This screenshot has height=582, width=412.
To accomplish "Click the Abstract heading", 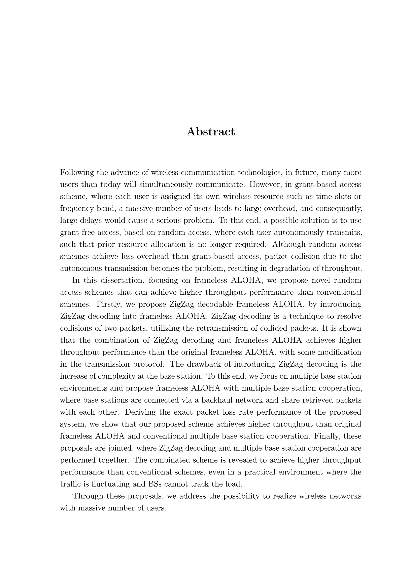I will (x=211, y=132).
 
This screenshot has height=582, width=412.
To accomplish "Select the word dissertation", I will (x=122, y=281).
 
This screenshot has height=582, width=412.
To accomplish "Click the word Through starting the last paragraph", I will (x=88, y=496).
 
